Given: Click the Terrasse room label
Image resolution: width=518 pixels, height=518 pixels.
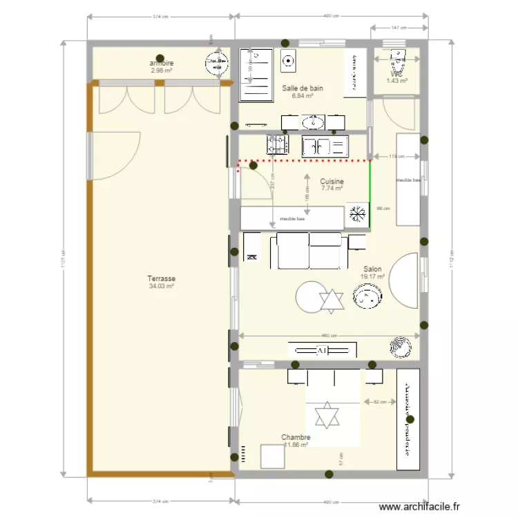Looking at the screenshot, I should tap(162, 279).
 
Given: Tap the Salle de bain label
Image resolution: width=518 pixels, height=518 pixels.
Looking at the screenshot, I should tap(303, 88).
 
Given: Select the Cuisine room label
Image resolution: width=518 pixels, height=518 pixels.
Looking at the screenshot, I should tap(332, 181).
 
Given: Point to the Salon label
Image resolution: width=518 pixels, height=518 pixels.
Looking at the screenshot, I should tap(372, 269).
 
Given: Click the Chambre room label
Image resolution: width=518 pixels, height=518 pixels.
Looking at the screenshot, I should tap(296, 437).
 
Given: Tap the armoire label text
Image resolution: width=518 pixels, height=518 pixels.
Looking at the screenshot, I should tap(161, 64).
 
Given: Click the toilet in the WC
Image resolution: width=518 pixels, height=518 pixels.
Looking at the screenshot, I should tap(398, 62).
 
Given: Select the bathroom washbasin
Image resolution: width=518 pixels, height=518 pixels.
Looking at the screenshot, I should tap(313, 123).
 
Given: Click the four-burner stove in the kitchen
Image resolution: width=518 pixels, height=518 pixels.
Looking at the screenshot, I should tap(277, 144).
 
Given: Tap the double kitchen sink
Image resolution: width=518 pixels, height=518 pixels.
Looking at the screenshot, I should tap(324, 146).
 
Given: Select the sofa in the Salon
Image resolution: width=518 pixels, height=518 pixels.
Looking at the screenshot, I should tap(309, 251).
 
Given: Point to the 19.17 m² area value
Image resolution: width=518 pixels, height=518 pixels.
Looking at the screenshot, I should tap(372, 277).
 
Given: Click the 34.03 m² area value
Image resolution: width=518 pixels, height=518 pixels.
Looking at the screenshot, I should tap(162, 286).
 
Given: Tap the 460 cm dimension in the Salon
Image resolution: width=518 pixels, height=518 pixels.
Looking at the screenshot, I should tap(329, 336).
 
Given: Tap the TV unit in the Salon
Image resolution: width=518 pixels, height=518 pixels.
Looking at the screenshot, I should tap(323, 350).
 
